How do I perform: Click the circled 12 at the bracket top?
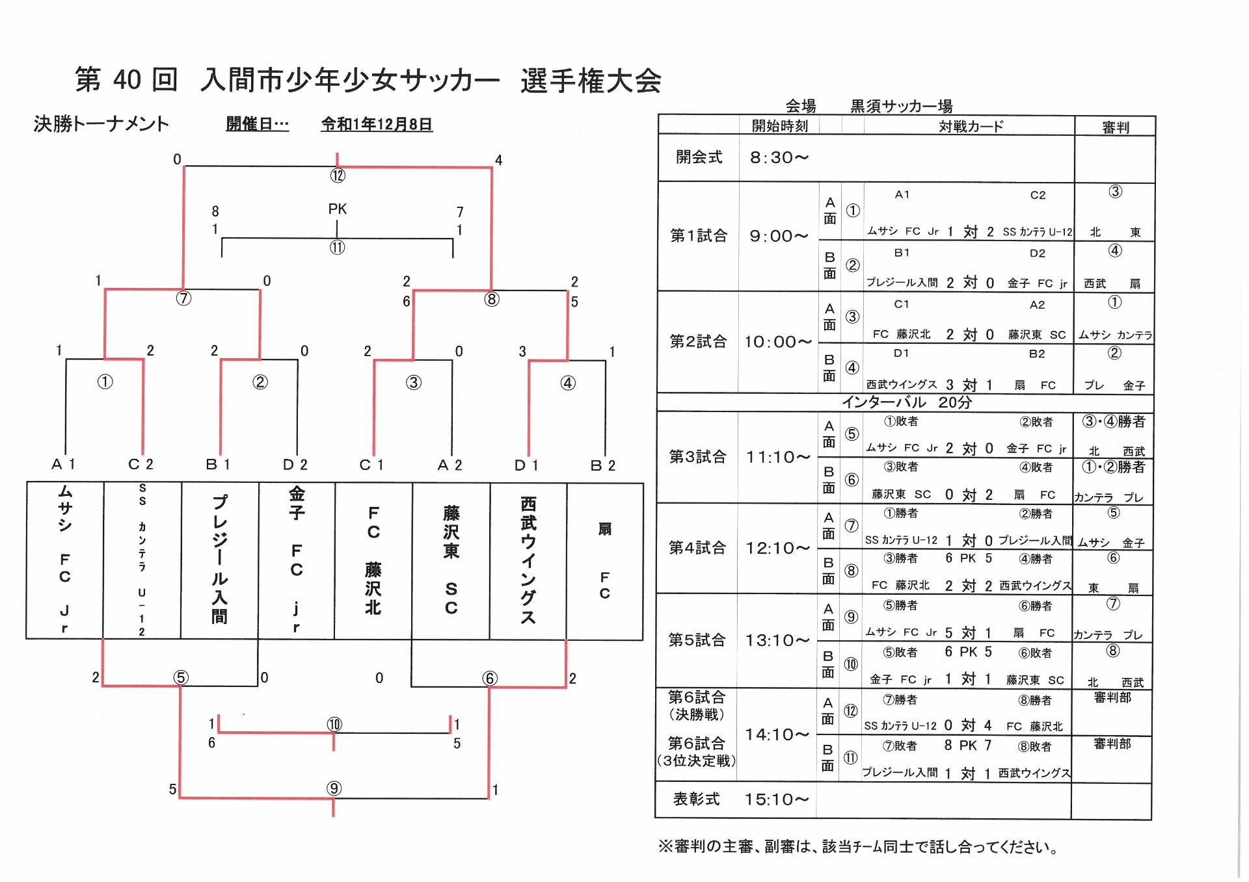[x=337, y=175]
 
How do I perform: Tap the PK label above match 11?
[x=337, y=209]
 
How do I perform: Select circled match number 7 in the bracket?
[x=184, y=298]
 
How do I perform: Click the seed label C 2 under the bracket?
[x=141, y=464]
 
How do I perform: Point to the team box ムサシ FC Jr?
[x=64, y=560]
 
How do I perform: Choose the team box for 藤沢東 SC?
[x=451, y=560]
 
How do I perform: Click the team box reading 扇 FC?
[x=604, y=560]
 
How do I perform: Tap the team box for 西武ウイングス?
[x=528, y=560]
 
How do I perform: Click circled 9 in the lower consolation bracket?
[x=334, y=788]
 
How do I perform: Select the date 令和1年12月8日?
[x=377, y=124]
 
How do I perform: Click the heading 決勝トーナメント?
[x=101, y=123]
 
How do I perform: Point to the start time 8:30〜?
[x=779, y=157]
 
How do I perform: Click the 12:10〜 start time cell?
[x=778, y=548]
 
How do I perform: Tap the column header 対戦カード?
[x=971, y=126]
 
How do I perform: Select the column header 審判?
[x=1115, y=127]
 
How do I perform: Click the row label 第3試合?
[x=697, y=456]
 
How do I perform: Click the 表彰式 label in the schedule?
[x=696, y=799]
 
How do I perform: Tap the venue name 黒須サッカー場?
[x=901, y=106]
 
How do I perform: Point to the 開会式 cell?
[x=699, y=157]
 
